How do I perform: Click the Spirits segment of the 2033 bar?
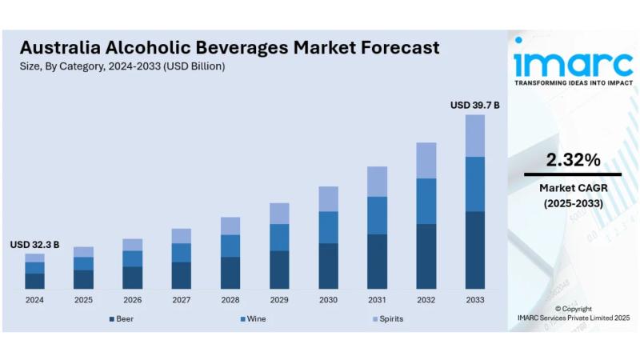click(x=475, y=135)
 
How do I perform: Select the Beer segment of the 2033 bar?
click(x=475, y=250)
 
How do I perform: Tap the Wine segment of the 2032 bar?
click(x=426, y=201)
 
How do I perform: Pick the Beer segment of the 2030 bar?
click(x=328, y=266)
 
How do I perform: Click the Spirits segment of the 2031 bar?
click(x=377, y=182)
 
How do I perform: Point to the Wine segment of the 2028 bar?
click(x=230, y=246)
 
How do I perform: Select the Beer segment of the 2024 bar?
click(x=34, y=281)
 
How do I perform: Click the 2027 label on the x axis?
click(x=181, y=300)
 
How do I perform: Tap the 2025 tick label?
click(x=83, y=300)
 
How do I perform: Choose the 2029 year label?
click(x=279, y=300)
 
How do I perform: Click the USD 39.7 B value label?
click(x=474, y=105)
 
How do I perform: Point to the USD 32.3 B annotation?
click(x=34, y=244)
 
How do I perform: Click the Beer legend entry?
click(x=121, y=318)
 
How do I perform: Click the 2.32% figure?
click(x=573, y=160)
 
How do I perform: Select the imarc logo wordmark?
click(x=573, y=61)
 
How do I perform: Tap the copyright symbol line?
click(x=573, y=309)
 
